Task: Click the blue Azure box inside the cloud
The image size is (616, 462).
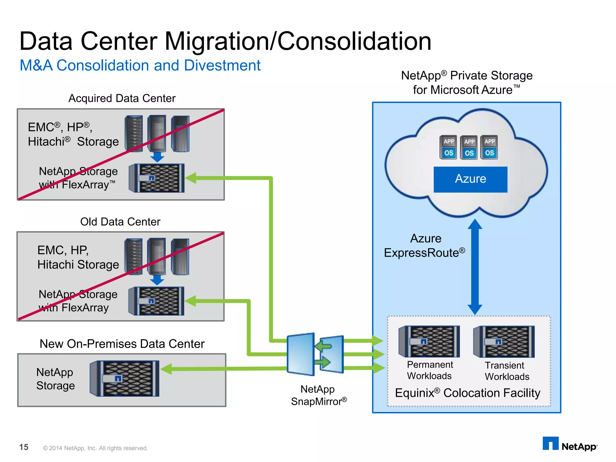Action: (x=470, y=179)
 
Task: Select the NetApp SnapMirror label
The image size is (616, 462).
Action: (x=319, y=395)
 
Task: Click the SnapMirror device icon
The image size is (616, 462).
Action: (x=315, y=354)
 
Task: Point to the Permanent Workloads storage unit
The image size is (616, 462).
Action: (x=429, y=341)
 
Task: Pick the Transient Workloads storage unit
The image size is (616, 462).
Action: (x=504, y=342)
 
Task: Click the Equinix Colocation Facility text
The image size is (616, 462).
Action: (x=467, y=393)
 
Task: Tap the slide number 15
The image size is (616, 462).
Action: (x=24, y=447)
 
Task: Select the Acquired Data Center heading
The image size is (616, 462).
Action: (x=122, y=98)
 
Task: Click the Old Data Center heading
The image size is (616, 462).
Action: (x=120, y=222)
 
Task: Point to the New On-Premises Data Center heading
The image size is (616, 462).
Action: (x=122, y=344)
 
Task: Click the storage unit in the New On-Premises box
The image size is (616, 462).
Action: (x=125, y=378)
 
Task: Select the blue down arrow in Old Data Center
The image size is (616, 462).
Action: (x=157, y=280)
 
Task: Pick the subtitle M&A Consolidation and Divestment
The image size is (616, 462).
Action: (x=140, y=66)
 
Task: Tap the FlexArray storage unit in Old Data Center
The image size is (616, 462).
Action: (x=156, y=301)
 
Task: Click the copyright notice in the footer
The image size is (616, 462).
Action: (x=95, y=448)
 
